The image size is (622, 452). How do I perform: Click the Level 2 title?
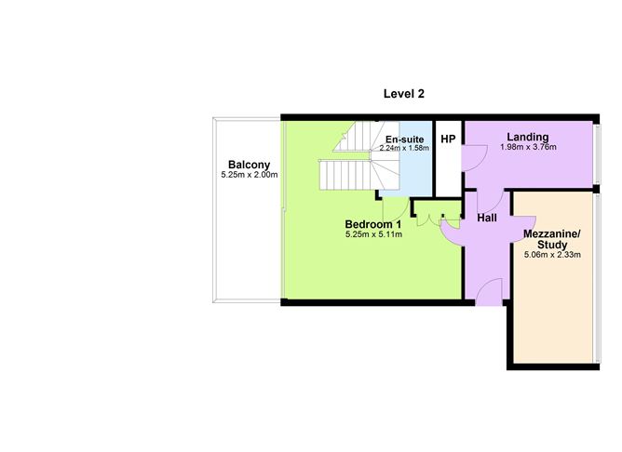coord(404,94)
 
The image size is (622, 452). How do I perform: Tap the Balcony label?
coord(250,165)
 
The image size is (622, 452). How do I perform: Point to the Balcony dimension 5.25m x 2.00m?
coord(250,175)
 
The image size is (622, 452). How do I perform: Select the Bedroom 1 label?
coord(373,225)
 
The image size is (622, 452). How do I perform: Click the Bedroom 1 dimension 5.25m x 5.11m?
coord(373,234)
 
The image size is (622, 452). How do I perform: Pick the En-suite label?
coord(405,140)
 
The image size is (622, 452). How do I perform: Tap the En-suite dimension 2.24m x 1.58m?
coord(404,148)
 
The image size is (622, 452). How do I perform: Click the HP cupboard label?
coord(448,140)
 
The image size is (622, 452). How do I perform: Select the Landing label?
coord(528,137)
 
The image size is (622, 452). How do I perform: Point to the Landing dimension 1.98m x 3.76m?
coord(528,147)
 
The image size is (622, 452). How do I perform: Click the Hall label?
coord(487,218)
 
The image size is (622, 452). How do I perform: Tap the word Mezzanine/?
coord(552,233)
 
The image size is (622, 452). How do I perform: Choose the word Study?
coord(552,245)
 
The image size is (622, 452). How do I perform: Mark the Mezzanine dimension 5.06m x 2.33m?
coord(552,255)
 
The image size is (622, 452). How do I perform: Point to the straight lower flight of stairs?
coord(345,175)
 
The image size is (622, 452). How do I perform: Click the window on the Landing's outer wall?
coord(598,154)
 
